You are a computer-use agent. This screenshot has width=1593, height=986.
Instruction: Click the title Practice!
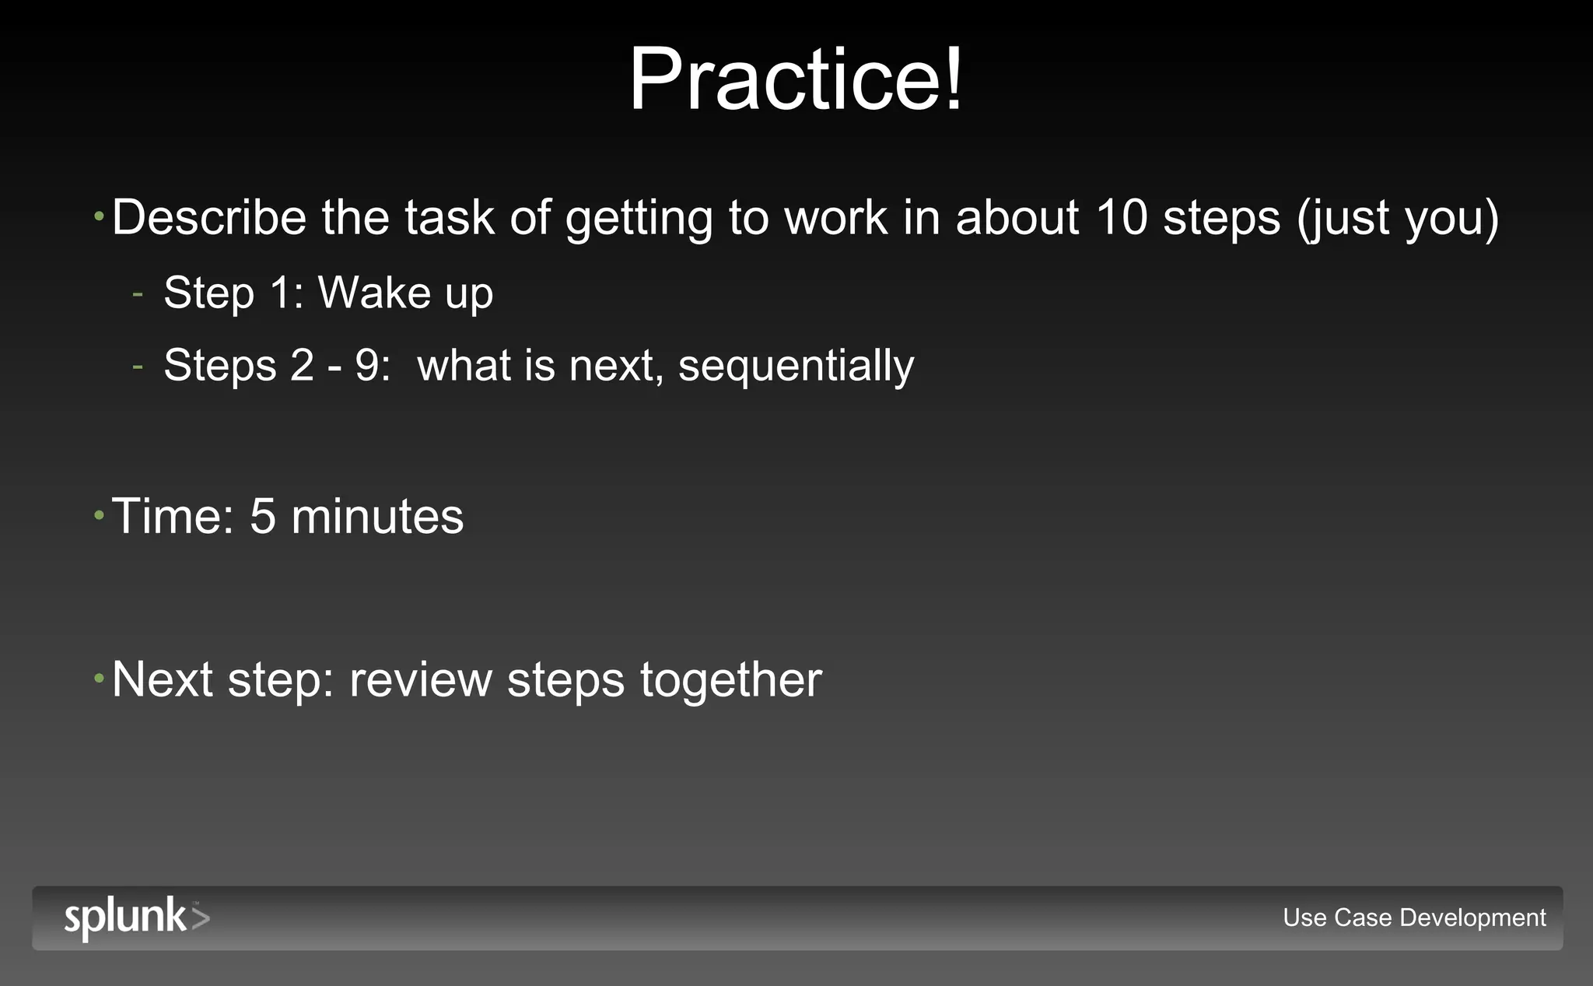(796, 79)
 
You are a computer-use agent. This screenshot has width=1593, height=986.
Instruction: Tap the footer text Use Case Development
(1413, 918)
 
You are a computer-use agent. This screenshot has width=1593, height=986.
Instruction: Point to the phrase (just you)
(1397, 218)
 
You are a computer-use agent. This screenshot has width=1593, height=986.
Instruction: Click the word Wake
(374, 293)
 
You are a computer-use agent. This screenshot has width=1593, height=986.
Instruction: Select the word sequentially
(796, 366)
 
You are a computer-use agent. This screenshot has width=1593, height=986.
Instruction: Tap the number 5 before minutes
(263, 516)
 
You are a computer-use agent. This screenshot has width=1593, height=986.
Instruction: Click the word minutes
(377, 516)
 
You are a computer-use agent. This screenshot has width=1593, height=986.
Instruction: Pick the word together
(730, 680)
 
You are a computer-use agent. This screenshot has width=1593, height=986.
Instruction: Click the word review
(421, 680)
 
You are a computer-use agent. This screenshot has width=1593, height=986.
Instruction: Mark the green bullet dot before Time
(99, 514)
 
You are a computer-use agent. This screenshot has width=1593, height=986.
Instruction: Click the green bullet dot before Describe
(99, 216)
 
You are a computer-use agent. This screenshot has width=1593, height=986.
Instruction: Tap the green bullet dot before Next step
(99, 678)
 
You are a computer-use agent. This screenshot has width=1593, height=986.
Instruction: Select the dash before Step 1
(138, 294)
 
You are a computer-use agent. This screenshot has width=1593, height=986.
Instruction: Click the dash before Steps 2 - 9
(138, 367)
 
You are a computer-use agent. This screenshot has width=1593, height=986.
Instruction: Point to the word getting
(639, 218)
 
